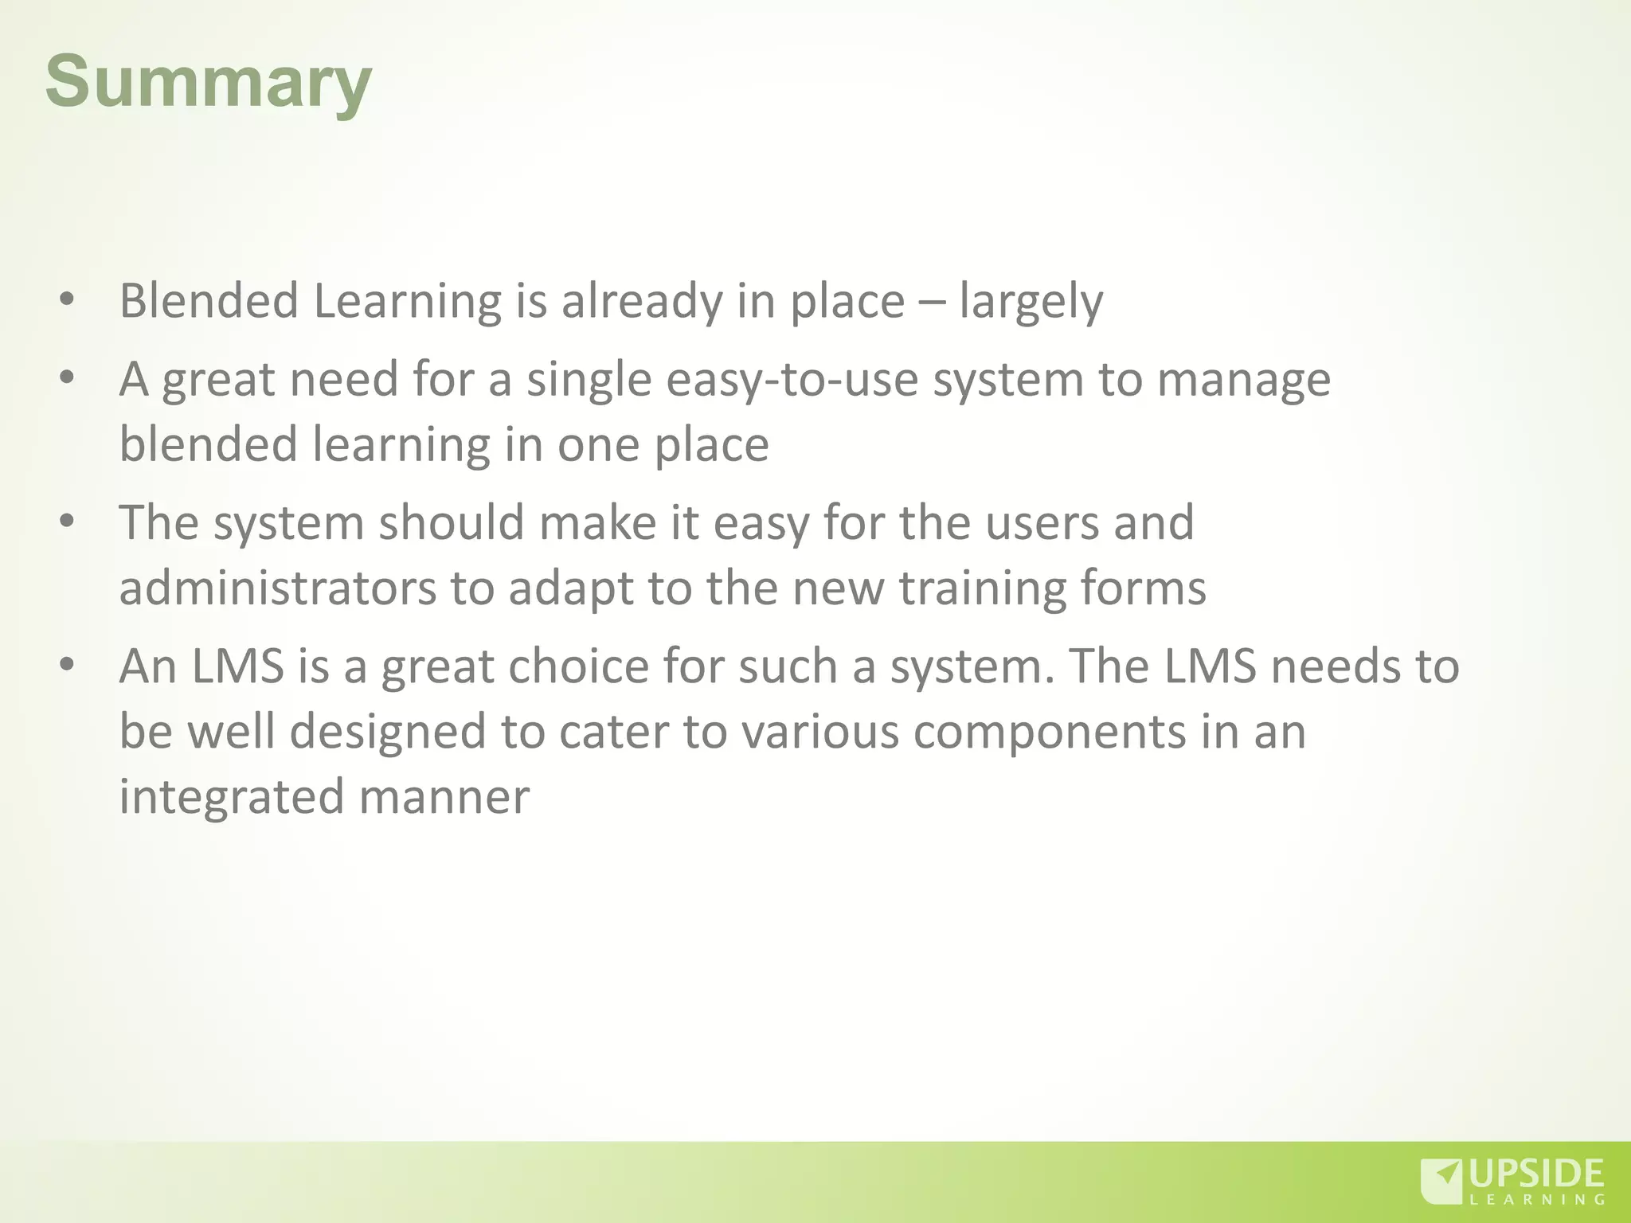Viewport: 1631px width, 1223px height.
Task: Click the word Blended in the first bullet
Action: [209, 301]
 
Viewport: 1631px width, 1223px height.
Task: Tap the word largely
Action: [1031, 303]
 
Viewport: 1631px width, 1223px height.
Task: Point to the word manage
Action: [1243, 380]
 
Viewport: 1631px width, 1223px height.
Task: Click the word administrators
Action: [277, 588]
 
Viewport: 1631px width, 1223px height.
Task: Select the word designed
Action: [388, 732]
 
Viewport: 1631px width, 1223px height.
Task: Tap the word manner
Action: [444, 797]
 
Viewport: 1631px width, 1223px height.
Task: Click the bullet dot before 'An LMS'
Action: [67, 664]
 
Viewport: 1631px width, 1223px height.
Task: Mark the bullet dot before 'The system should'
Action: [67, 522]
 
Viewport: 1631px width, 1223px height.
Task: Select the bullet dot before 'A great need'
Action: [67, 377]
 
